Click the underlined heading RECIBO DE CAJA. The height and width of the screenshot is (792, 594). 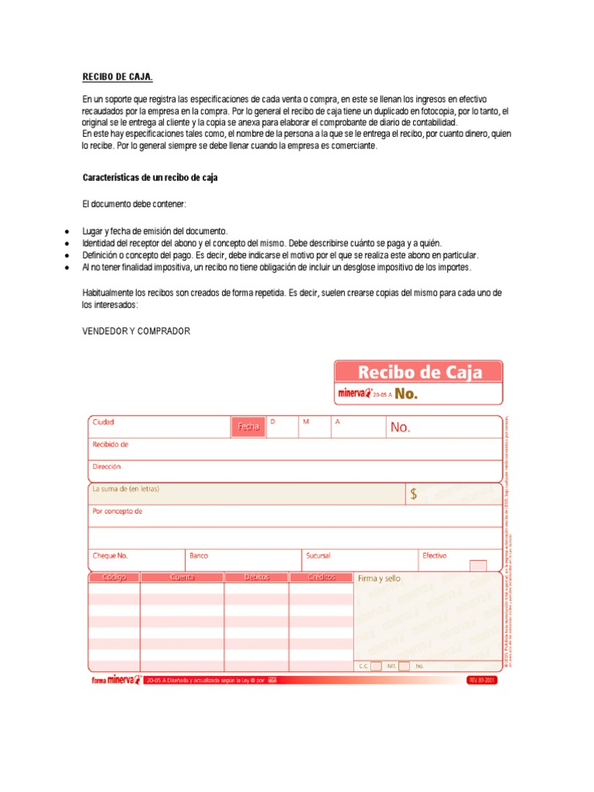click(x=118, y=77)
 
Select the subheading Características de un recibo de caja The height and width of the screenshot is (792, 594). click(x=150, y=178)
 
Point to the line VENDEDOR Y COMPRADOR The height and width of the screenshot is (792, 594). click(x=136, y=331)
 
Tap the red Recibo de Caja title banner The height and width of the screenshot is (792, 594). click(x=418, y=373)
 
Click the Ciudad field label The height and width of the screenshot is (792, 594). click(x=104, y=422)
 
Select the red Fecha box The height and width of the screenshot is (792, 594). click(x=248, y=426)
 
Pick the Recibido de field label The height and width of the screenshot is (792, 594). click(x=110, y=445)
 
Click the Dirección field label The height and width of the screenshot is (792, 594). click(x=107, y=467)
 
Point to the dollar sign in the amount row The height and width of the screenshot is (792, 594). click(x=414, y=495)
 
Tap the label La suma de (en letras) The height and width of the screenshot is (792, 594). click(x=126, y=489)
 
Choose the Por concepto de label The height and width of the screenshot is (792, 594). click(x=118, y=511)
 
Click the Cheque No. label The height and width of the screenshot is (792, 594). click(x=110, y=555)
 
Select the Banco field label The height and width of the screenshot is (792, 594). click(x=199, y=555)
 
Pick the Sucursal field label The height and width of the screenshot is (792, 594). click(x=318, y=555)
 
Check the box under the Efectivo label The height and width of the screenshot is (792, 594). click(x=478, y=566)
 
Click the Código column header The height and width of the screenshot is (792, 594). click(x=114, y=578)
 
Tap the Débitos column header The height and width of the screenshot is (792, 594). click(x=256, y=578)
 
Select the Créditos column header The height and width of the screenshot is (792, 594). click(x=321, y=578)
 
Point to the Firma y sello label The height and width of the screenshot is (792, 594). click(x=379, y=579)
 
